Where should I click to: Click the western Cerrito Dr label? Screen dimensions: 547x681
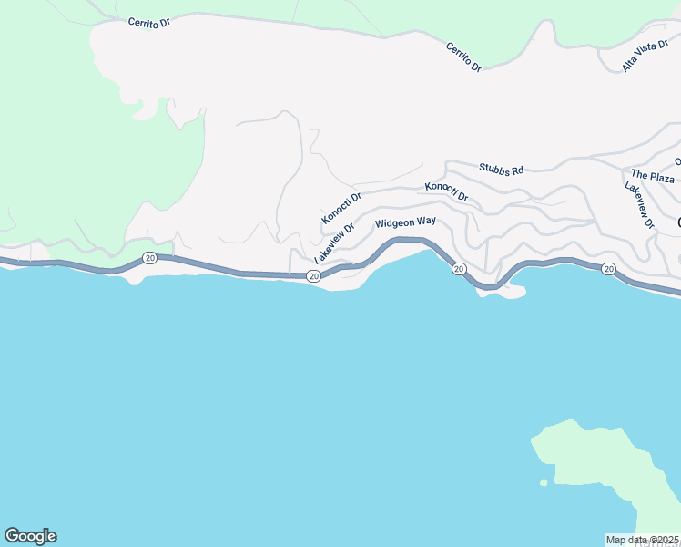pos(149,22)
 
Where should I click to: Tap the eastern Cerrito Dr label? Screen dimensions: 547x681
pos(463,57)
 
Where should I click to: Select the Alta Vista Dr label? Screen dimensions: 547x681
pos(645,57)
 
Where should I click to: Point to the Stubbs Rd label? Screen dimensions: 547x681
pos(502,170)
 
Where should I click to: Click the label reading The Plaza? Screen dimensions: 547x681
pos(653,175)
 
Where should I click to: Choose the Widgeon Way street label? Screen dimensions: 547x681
pos(405,222)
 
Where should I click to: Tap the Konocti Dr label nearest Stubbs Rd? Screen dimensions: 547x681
pos(446,191)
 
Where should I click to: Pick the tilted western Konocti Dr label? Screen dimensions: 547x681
pos(341,208)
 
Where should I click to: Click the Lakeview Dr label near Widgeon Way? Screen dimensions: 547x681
pos(333,245)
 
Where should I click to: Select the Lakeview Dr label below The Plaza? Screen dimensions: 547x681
pos(639,204)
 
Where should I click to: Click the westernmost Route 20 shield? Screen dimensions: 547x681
pos(150,259)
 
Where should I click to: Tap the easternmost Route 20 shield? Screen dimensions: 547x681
pos(608,269)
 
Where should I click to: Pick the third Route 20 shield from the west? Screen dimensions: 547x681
pos(458,269)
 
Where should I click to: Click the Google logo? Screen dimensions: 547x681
pos(30,536)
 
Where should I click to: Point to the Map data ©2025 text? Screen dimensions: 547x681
pos(643,540)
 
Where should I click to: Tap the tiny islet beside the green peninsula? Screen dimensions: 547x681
pos(544,482)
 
